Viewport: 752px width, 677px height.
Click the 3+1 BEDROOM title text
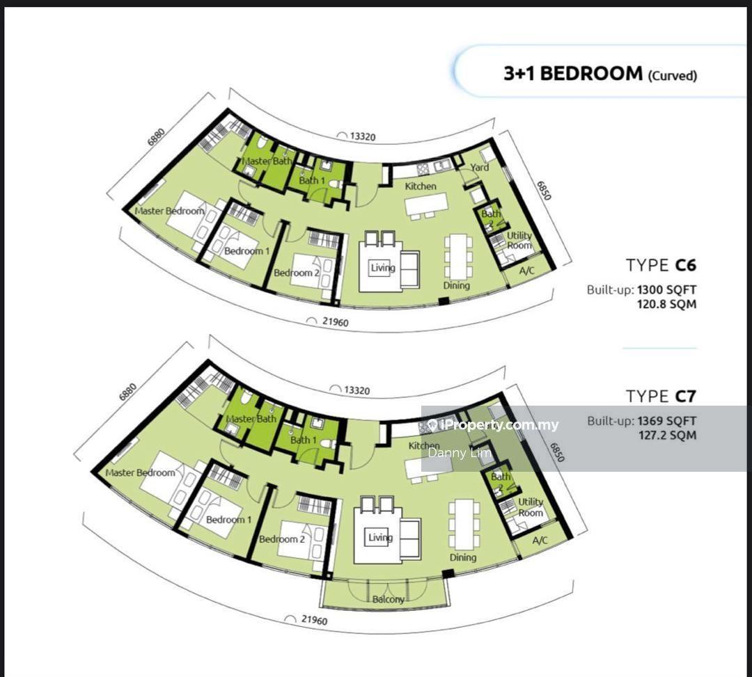click(572, 73)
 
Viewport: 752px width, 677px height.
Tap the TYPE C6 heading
click(661, 265)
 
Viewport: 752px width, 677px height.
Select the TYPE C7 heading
click(661, 396)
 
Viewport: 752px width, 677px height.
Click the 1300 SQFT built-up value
click(666, 290)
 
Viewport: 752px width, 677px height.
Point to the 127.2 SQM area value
click(668, 436)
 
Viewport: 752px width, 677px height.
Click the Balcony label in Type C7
click(389, 599)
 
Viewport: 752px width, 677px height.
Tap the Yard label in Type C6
click(480, 167)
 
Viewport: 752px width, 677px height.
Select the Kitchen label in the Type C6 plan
click(421, 186)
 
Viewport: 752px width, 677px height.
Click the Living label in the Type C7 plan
click(380, 538)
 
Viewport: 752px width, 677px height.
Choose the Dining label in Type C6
click(456, 285)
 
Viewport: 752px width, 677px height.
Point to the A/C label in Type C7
click(540, 541)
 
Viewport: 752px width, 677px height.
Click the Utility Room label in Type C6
click(519, 240)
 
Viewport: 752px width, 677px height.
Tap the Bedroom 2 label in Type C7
click(282, 539)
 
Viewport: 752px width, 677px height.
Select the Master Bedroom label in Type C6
click(169, 211)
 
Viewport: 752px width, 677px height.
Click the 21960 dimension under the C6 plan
click(335, 322)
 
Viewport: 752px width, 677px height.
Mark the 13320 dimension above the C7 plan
click(357, 390)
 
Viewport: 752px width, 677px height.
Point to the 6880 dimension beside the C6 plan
click(157, 137)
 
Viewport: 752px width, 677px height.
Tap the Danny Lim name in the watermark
click(460, 453)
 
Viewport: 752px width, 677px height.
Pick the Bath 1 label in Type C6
click(312, 180)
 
